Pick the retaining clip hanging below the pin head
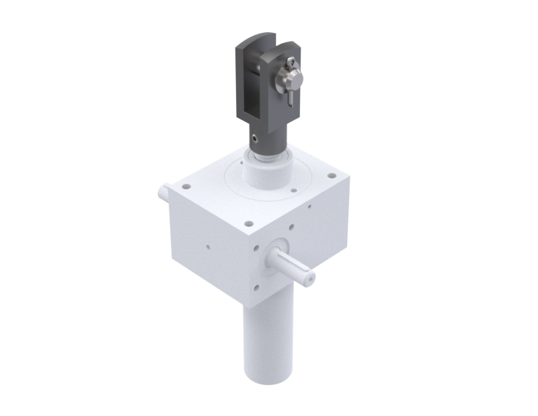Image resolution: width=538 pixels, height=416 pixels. click(x=290, y=96)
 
